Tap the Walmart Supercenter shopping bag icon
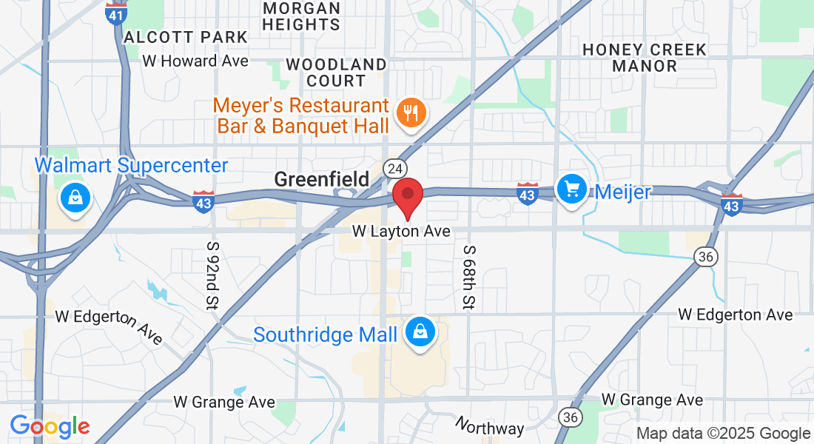point(75,198)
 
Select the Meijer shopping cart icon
point(571,189)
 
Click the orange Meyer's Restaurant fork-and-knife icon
point(409,113)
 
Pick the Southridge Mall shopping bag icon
point(420,332)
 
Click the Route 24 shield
point(392,169)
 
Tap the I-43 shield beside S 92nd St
point(203,201)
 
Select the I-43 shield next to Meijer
point(527,193)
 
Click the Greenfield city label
point(321,179)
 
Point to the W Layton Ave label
point(401,232)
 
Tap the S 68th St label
point(469,277)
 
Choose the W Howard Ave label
point(195,61)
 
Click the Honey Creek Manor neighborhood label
point(645,58)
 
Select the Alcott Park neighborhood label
point(186,37)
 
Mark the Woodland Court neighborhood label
point(336,73)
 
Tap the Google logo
point(50,427)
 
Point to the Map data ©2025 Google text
point(724,434)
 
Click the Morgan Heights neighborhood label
point(302,16)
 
